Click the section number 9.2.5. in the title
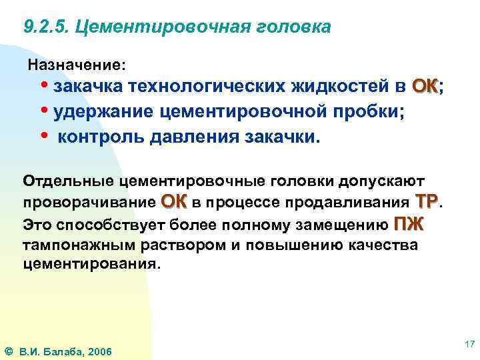(45, 27)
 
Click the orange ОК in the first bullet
(425, 87)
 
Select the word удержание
(104, 111)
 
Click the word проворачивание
(89, 202)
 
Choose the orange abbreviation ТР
(426, 201)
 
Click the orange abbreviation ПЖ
(409, 223)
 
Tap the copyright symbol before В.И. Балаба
(9, 351)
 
